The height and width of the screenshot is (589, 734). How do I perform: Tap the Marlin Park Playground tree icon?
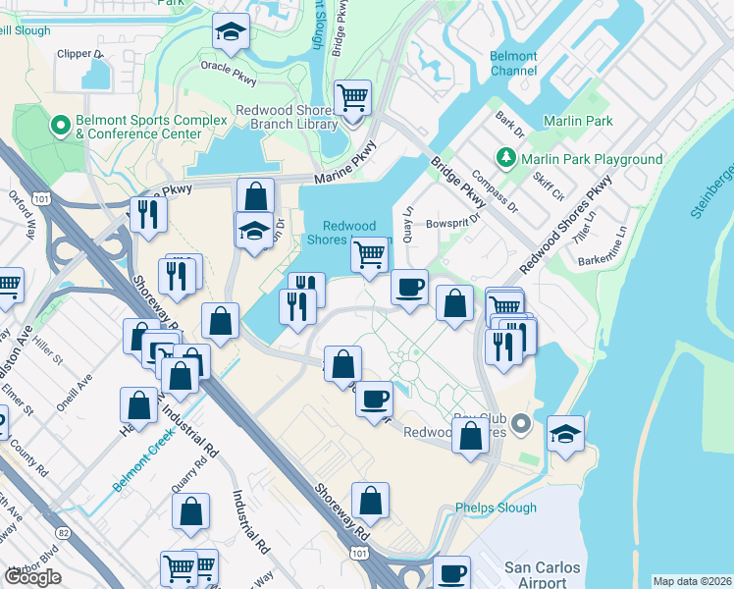click(505, 158)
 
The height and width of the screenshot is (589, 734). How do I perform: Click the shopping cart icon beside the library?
click(352, 98)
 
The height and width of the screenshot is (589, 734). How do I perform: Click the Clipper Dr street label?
click(80, 53)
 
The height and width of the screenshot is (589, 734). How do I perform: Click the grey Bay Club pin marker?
click(521, 424)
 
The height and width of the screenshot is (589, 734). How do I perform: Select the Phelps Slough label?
click(497, 508)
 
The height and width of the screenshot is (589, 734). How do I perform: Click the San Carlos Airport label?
click(542, 575)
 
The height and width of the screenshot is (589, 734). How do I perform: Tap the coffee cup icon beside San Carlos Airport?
click(451, 572)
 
